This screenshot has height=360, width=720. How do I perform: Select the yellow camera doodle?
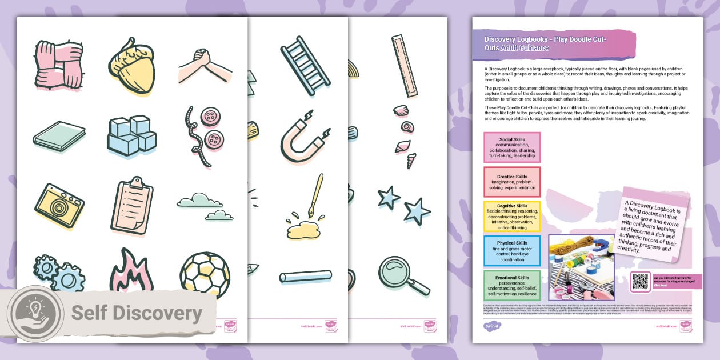tap(59, 205)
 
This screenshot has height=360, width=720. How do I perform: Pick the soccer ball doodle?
tap(205, 275)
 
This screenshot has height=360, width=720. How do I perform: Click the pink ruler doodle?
tap(405, 66)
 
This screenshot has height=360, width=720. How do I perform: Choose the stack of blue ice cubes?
tap(131, 135)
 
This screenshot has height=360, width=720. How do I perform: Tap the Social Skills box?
tap(512, 147)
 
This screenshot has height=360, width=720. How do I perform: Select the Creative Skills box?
tap(512, 182)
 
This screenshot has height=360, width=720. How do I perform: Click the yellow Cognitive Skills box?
tap(512, 216)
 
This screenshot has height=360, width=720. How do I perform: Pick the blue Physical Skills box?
tap(512, 251)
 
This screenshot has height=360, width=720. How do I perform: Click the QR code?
tap(641, 281)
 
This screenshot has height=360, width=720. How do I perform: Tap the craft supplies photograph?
tap(581, 267)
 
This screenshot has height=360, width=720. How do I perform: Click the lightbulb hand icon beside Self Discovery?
tap(36, 313)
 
